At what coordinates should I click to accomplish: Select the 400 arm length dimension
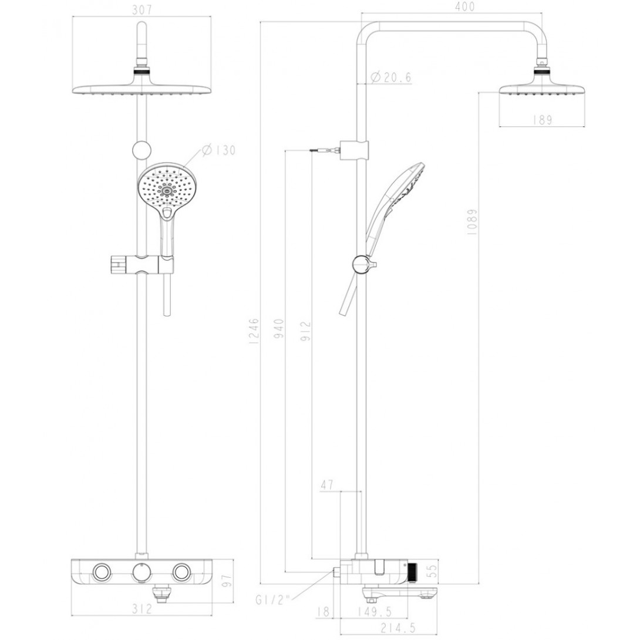pos(464,7)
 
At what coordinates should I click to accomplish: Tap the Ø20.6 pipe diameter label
pos(392,77)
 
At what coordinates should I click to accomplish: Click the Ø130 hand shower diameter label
pos(218,150)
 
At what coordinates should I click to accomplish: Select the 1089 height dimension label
pos(473,221)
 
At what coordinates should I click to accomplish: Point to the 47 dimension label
pos(327,485)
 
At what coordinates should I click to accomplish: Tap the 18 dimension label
pos(321,613)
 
